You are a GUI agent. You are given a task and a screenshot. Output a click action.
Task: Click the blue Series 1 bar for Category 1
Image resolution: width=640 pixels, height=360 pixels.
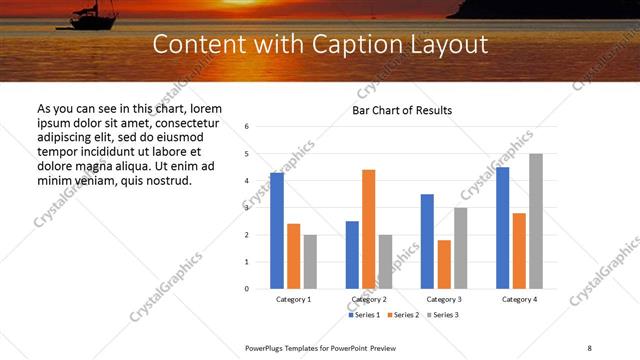click(277, 231)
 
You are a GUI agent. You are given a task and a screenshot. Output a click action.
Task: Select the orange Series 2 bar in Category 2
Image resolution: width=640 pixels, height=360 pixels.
click(369, 229)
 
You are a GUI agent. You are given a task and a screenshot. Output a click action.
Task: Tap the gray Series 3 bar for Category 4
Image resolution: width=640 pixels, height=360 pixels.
click(536, 221)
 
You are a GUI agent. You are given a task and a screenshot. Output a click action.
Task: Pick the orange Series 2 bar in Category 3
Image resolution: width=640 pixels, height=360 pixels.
click(444, 264)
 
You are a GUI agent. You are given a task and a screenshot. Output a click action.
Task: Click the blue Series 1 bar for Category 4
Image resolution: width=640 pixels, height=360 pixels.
click(503, 228)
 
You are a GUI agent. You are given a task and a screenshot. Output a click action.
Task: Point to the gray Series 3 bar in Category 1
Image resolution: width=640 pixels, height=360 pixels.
click(310, 262)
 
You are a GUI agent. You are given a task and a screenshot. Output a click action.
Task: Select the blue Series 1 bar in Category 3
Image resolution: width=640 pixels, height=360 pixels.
click(427, 241)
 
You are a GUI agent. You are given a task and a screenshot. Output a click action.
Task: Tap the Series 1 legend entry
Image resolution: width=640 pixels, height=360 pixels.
click(365, 315)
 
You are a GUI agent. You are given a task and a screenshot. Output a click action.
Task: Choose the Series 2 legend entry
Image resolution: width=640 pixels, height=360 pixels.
click(403, 315)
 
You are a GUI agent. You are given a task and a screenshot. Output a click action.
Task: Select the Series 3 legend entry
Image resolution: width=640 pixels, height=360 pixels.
click(441, 315)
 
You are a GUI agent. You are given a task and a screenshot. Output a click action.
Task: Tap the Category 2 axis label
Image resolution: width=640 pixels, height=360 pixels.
click(369, 299)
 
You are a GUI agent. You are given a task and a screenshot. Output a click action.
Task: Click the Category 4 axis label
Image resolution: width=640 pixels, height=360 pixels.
click(519, 299)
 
